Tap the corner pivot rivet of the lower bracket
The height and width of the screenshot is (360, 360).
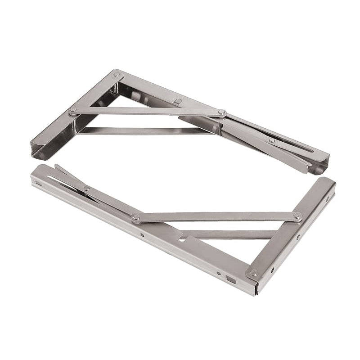coord(254,272)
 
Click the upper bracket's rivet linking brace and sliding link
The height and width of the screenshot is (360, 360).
coord(221,112)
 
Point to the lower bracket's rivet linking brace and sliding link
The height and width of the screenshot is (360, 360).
coord(136,218)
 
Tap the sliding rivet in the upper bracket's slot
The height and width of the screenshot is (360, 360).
coord(272,141)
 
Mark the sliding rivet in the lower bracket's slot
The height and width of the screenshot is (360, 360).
coord(86,188)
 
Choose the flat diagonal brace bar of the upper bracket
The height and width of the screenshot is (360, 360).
coord(148,111)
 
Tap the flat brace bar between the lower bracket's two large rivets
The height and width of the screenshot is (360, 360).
coord(216,217)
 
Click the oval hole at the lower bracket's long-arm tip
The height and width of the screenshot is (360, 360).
coord(39,184)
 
